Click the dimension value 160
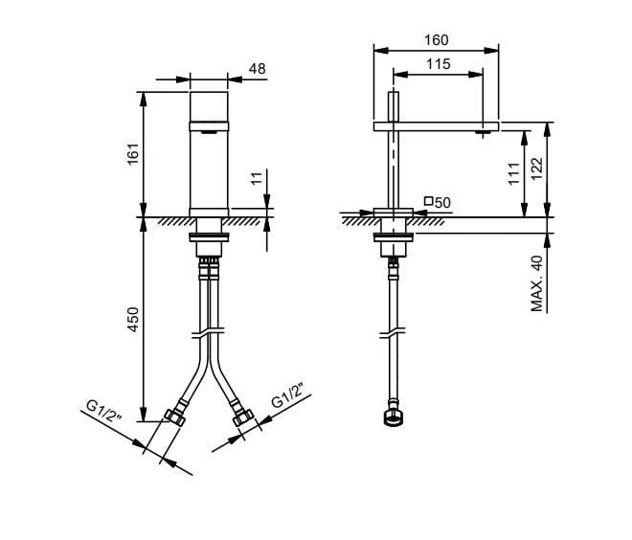pyautogui.click(x=436, y=40)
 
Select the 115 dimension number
pyautogui.click(x=439, y=64)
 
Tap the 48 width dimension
pyautogui.click(x=258, y=69)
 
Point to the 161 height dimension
pyautogui.click(x=133, y=153)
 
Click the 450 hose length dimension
pyautogui.click(x=133, y=320)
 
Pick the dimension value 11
pyautogui.click(x=257, y=178)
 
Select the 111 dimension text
pyautogui.click(x=514, y=173)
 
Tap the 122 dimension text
pyautogui.click(x=536, y=169)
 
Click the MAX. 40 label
pyautogui.click(x=536, y=283)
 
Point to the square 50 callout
pyautogui.click(x=438, y=202)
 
